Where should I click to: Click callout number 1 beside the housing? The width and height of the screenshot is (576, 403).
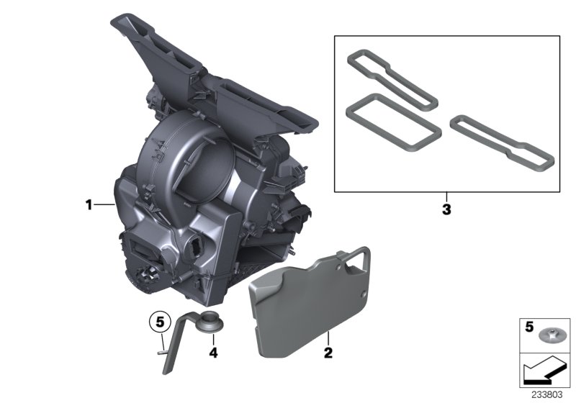tap(89, 205)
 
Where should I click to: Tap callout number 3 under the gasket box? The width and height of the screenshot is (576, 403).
tap(446, 210)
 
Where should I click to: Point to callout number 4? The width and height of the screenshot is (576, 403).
tap(213, 353)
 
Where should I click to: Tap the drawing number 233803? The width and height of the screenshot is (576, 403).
tap(549, 394)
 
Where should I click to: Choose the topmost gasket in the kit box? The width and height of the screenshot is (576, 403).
tap(390, 78)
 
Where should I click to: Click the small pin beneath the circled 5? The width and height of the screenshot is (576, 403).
tap(159, 352)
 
